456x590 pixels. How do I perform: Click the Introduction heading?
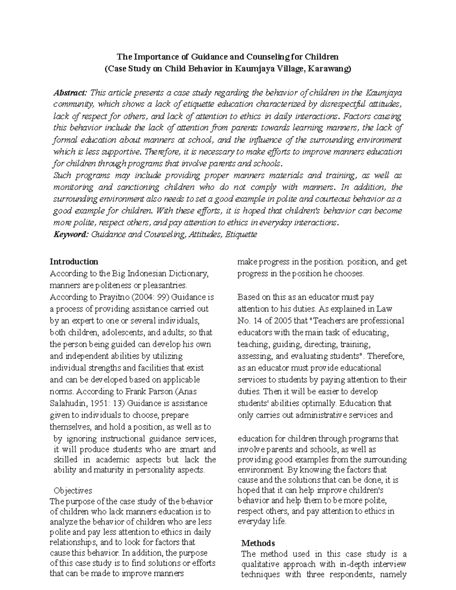click(74, 262)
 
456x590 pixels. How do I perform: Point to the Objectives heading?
click(73, 490)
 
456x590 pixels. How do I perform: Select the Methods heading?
click(258, 543)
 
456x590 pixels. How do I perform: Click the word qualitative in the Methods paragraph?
click(261, 564)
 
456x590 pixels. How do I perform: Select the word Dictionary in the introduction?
click(189, 274)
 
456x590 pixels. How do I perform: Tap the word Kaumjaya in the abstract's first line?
click(383, 93)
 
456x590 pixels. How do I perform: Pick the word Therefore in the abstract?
click(163, 152)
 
